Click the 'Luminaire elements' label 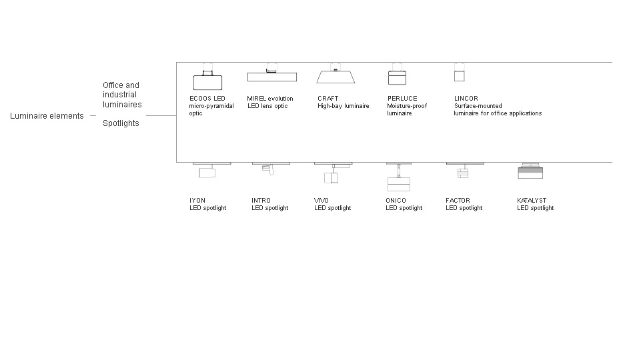[x=47, y=116]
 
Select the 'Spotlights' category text [x=121, y=123]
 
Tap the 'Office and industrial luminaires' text [x=122, y=95]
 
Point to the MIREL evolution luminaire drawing [x=272, y=74]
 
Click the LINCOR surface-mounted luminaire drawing [x=460, y=73]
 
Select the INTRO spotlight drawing [x=271, y=169]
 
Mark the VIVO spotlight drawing [x=333, y=173]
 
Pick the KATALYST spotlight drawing [x=530, y=171]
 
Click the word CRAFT [x=328, y=98]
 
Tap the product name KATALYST [x=532, y=200]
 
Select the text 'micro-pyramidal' [x=211, y=106]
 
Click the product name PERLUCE [x=402, y=98]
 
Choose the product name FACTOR [x=458, y=200]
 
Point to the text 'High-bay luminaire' [x=343, y=106]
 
